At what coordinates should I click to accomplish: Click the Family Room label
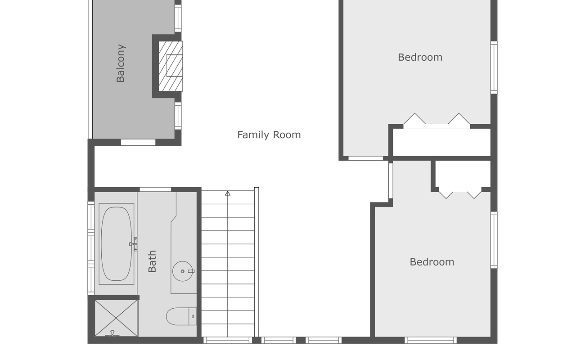pyautogui.click(x=269, y=135)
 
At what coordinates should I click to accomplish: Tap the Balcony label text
pyautogui.click(x=121, y=63)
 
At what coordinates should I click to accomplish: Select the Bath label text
pyautogui.click(x=152, y=261)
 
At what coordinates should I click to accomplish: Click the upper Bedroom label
pyautogui.click(x=420, y=57)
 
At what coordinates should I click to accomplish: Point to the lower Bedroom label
pyautogui.click(x=432, y=262)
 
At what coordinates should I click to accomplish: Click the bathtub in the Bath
pyautogui.click(x=116, y=243)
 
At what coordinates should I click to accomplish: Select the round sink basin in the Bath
pyautogui.click(x=183, y=271)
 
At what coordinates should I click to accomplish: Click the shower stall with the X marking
pyautogui.click(x=116, y=318)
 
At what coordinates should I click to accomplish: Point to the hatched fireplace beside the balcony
pyautogui.click(x=171, y=66)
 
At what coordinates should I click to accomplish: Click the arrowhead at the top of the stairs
pyautogui.click(x=228, y=193)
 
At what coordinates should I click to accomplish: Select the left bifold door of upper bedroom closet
pyautogui.click(x=414, y=120)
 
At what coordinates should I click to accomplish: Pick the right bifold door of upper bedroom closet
pyautogui.click(x=459, y=120)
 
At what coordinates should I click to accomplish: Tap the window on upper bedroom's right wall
pyautogui.click(x=494, y=67)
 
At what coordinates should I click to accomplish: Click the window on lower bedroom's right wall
pyautogui.click(x=494, y=240)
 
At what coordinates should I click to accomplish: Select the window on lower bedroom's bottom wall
pyautogui.click(x=431, y=340)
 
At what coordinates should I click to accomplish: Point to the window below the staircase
pyautogui.click(x=228, y=340)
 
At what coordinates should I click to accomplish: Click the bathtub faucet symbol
pyautogui.click(x=134, y=244)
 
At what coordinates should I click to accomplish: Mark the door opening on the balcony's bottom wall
pyautogui.click(x=138, y=142)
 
